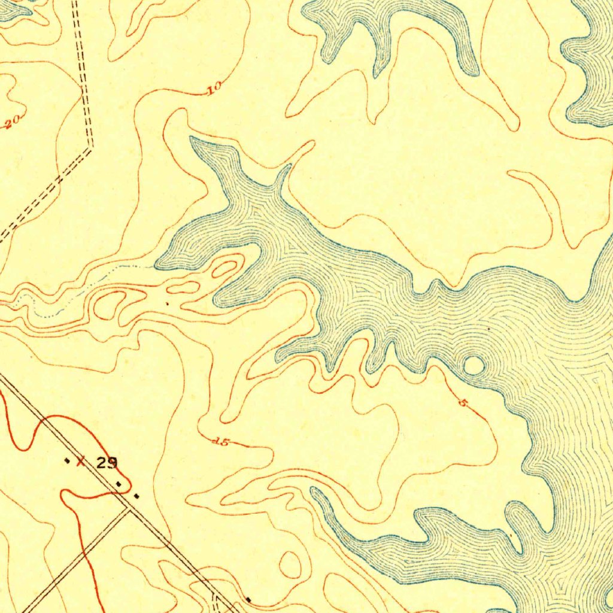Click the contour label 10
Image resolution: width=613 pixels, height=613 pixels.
pos(214,90)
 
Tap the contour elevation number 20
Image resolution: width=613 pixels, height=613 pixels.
pos(13,122)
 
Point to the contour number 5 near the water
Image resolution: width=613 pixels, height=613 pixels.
pos(462,403)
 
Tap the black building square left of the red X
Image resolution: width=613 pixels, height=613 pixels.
pos(66,460)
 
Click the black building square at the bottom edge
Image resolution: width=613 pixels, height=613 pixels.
pos(248,599)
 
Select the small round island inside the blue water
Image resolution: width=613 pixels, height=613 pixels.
pos(474,365)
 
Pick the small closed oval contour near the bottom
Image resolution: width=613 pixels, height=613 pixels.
pos(292,565)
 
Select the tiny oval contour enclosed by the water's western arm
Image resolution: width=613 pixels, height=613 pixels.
pos(224,268)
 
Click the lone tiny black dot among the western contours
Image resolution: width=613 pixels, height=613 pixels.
pos(167,304)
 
